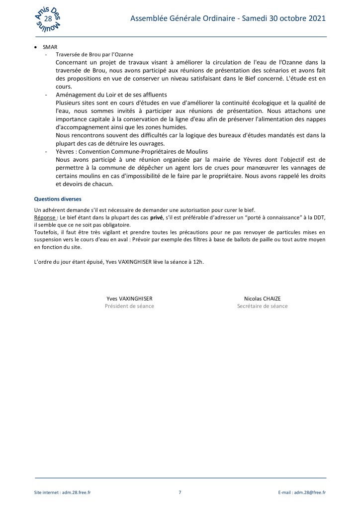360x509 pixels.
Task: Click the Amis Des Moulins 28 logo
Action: pos(49,19)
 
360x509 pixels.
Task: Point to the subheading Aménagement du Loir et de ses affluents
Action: pos(111,95)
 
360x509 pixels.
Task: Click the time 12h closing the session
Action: pos(198,262)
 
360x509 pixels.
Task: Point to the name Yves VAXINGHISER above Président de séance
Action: pos(129,299)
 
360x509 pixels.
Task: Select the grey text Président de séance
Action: pos(129,306)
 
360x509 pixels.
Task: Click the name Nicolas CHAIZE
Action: pos(263,299)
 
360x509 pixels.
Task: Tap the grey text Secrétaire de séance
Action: pos(263,306)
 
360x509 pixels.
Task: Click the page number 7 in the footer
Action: pos(180,493)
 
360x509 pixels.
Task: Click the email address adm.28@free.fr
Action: pos(309,493)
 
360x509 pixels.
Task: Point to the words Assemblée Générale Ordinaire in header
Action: pos(184,18)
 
